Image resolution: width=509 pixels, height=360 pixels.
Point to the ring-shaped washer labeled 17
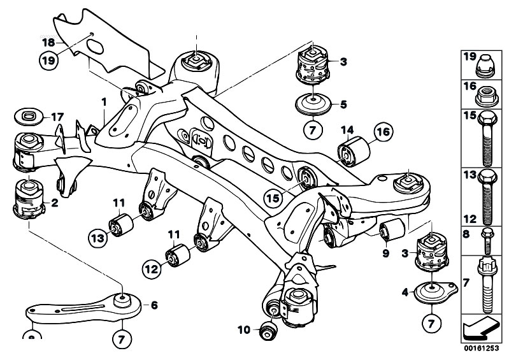pyautogui.click(x=28, y=117)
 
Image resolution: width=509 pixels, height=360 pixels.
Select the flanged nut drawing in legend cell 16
pyautogui.click(x=487, y=97)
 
